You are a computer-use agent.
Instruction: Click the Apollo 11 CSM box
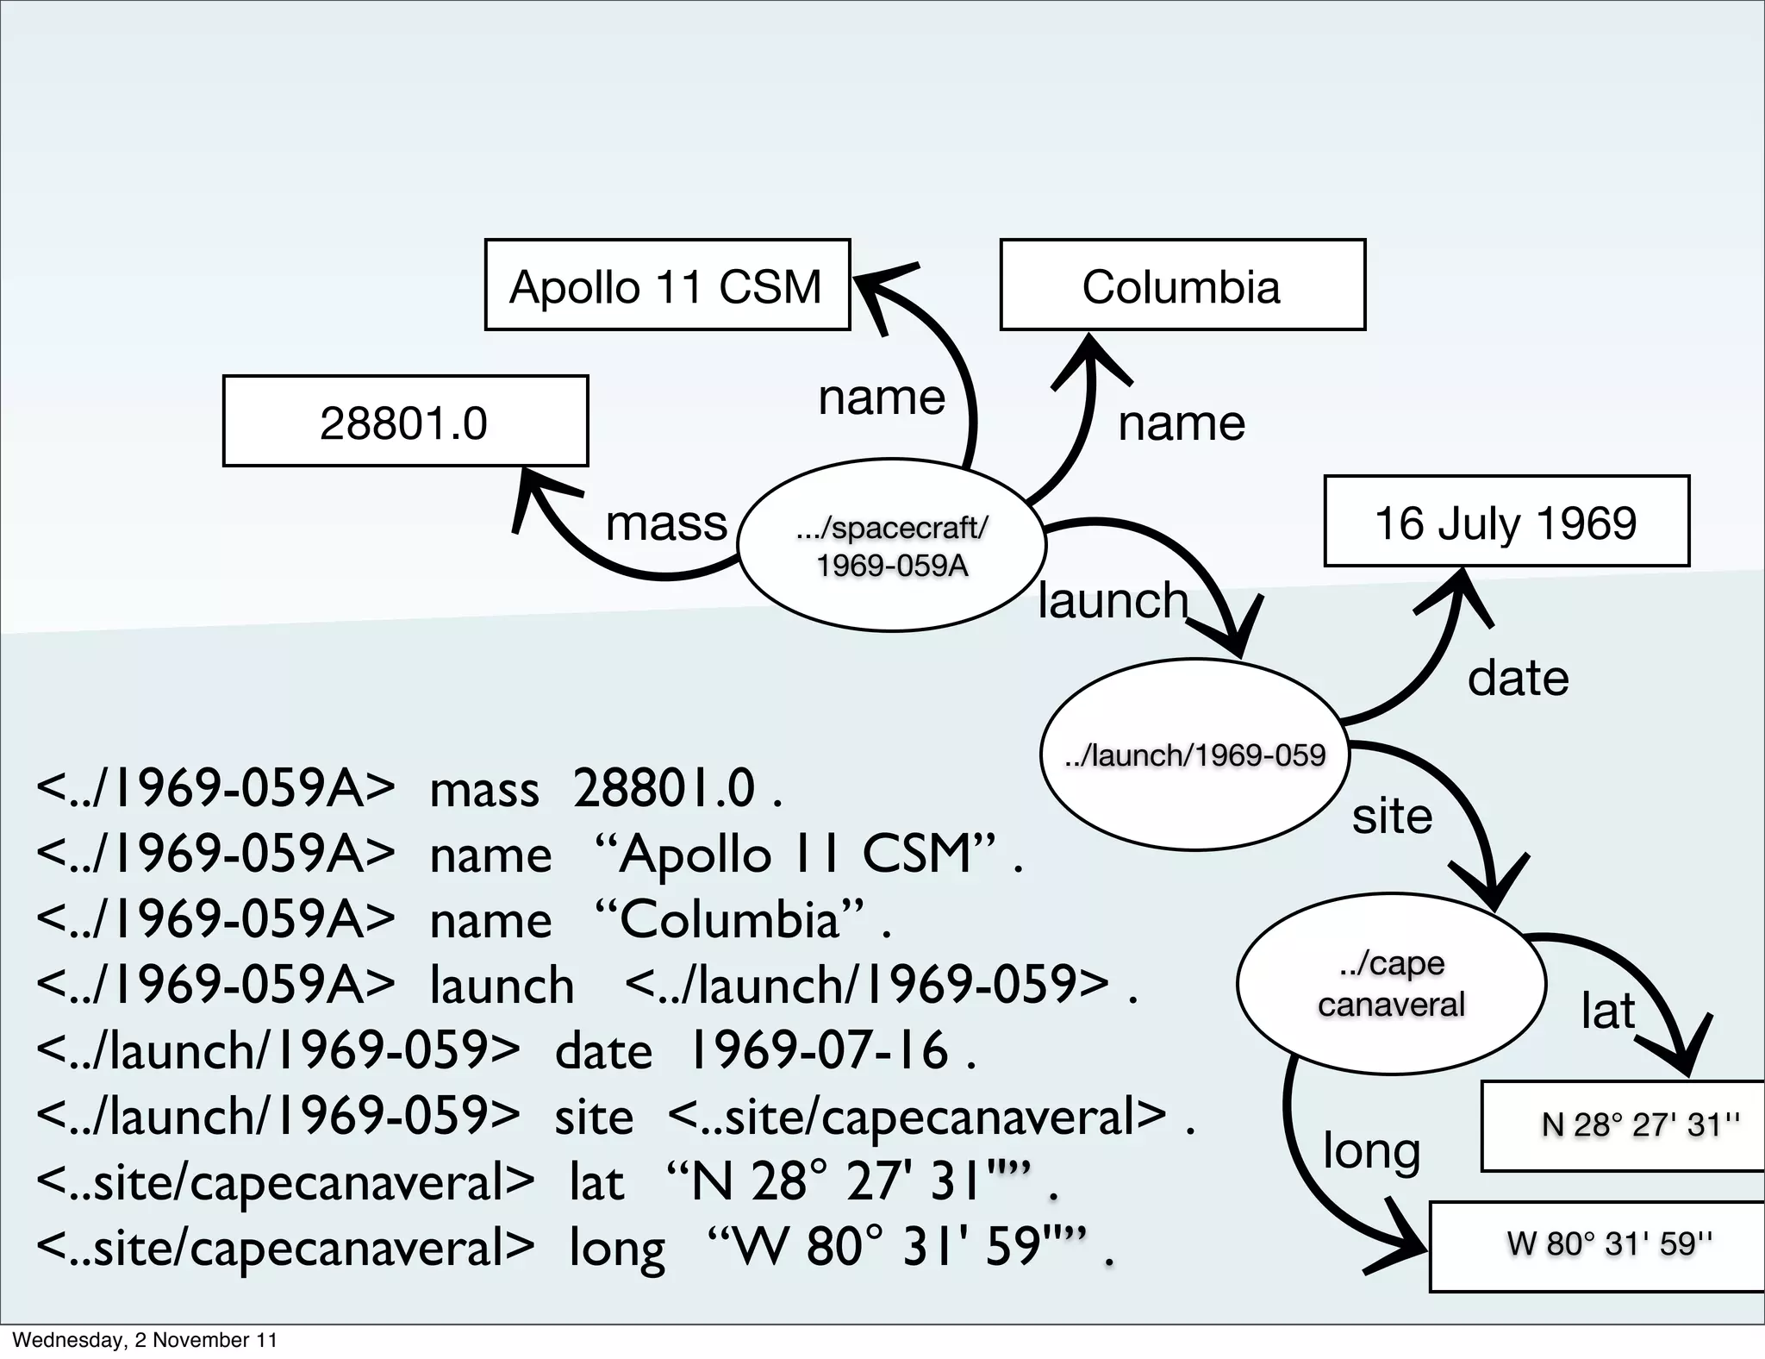point(667,285)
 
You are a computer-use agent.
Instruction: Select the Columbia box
point(1182,285)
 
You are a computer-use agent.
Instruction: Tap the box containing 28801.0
point(405,422)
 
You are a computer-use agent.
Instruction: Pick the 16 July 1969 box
point(1506,522)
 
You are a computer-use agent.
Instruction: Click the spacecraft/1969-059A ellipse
point(892,546)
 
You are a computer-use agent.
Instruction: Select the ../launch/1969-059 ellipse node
point(1194,755)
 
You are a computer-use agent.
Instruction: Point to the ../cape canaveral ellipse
point(1391,984)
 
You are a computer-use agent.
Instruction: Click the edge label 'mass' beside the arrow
point(666,523)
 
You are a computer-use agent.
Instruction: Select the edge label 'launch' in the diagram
point(1113,600)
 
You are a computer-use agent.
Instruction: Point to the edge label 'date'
point(1518,678)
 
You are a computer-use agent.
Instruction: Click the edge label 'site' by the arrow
point(1392,816)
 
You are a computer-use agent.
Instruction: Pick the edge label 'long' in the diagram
point(1371,1151)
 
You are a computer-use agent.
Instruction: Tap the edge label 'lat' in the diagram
point(1607,1011)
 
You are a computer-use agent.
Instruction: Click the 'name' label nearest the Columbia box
point(1182,423)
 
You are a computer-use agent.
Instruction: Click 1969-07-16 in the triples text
point(819,1050)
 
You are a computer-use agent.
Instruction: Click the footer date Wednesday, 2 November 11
point(145,1340)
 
